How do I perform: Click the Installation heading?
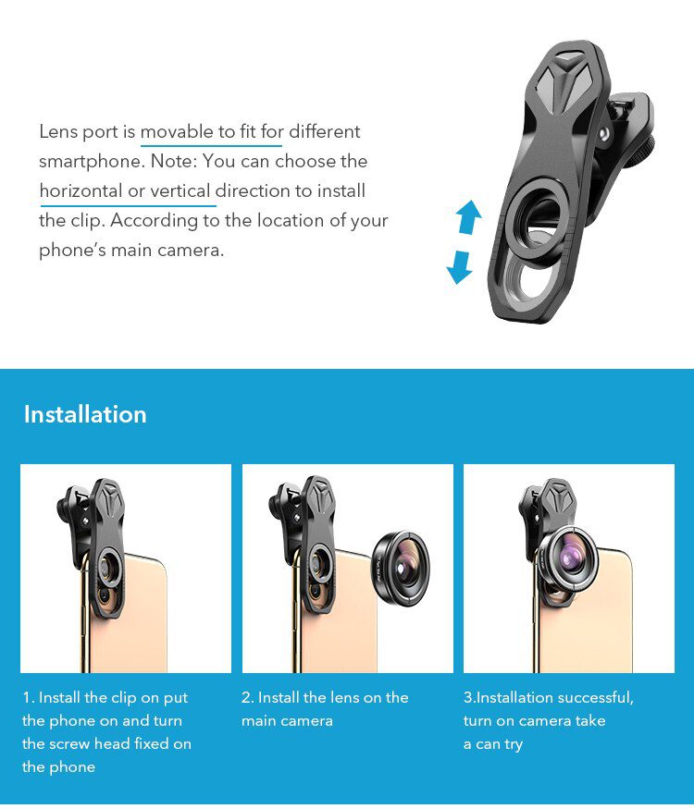tap(85, 414)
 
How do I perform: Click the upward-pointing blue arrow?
tap(469, 218)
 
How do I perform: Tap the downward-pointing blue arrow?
tap(460, 266)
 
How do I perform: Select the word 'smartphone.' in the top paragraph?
tap(84, 162)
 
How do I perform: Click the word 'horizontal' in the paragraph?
tap(81, 191)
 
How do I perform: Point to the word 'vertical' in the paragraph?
tap(180, 191)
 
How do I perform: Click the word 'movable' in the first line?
tap(176, 132)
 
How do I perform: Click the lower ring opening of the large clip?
tap(535, 280)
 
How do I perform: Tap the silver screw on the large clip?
tap(603, 133)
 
